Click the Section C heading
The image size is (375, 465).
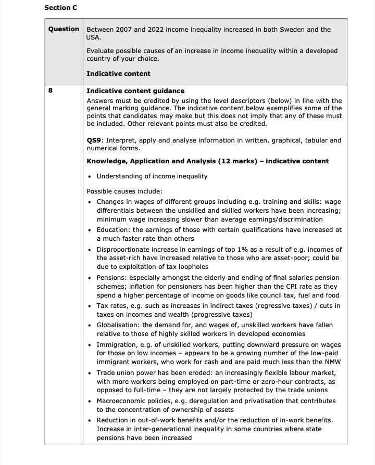point(60,8)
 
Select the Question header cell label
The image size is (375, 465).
point(64,29)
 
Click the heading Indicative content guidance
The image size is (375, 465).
point(135,91)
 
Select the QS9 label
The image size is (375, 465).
point(94,140)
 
